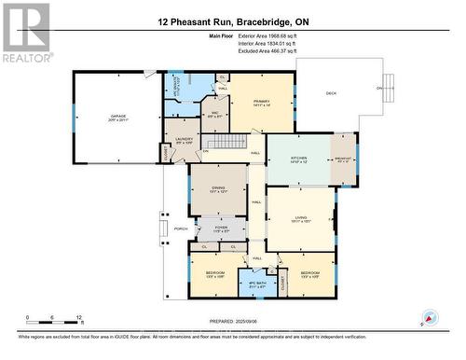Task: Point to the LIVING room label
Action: [299, 220]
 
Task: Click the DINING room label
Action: [217, 190]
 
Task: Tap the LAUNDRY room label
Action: [183, 141]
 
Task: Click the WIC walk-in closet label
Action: [213, 117]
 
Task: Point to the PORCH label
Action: [180, 228]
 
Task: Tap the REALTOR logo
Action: [24, 33]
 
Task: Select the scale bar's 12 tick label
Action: [78, 318]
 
